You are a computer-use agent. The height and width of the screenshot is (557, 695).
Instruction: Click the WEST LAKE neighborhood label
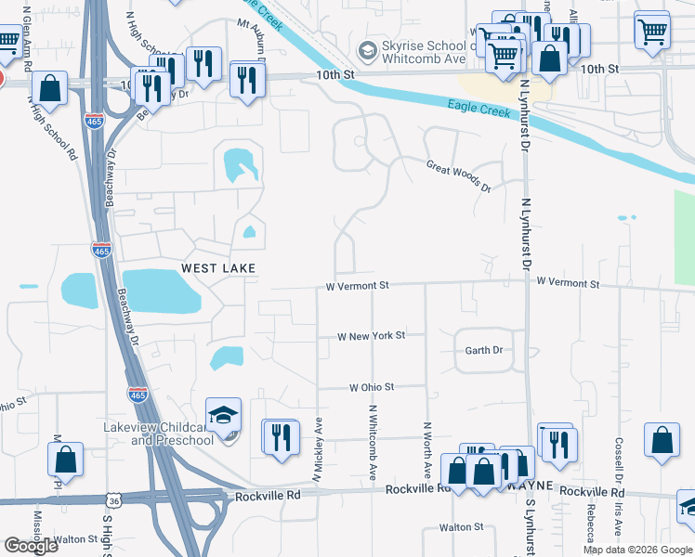(x=217, y=267)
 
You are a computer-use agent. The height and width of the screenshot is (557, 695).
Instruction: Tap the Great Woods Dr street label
(x=458, y=175)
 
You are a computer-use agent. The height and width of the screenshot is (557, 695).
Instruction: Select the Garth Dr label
(x=484, y=350)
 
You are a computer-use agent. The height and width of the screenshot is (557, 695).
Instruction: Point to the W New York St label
(x=371, y=335)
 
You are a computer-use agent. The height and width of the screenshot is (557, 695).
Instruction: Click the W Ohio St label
(x=372, y=386)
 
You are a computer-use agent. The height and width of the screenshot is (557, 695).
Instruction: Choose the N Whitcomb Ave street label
(x=372, y=442)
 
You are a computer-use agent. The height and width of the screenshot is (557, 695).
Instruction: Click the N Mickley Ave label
(x=318, y=448)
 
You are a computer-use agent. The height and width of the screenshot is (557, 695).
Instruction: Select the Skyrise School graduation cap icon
(x=366, y=49)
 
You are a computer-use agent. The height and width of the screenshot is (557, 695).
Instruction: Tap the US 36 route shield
(x=113, y=500)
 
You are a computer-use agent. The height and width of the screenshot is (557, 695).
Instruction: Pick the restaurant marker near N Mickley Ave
(x=282, y=435)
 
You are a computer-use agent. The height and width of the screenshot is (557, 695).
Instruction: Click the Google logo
(x=31, y=546)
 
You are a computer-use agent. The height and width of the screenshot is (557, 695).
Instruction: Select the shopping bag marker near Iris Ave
(x=662, y=442)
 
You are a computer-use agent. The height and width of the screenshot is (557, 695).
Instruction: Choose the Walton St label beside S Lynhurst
(x=462, y=526)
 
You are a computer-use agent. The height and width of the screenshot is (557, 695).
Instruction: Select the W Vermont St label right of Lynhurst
(x=568, y=281)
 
